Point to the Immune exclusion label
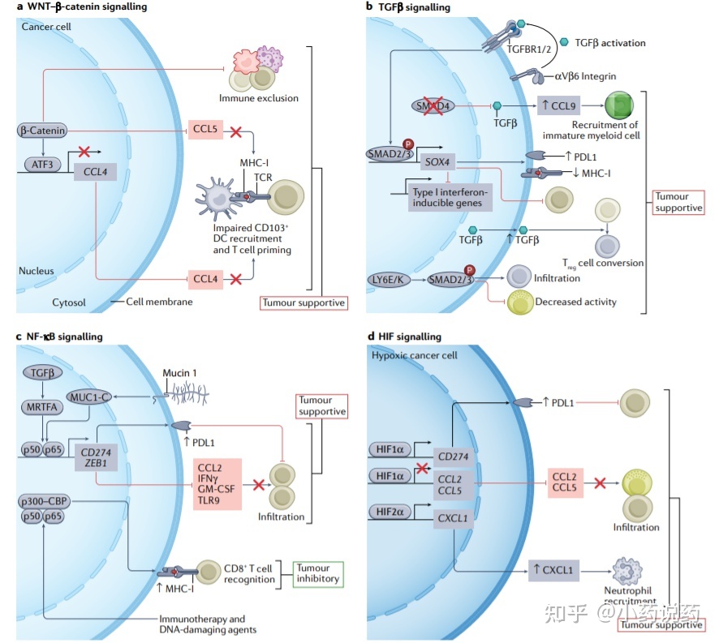point(258,98)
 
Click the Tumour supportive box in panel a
point(304,302)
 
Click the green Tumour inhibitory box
point(316,572)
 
